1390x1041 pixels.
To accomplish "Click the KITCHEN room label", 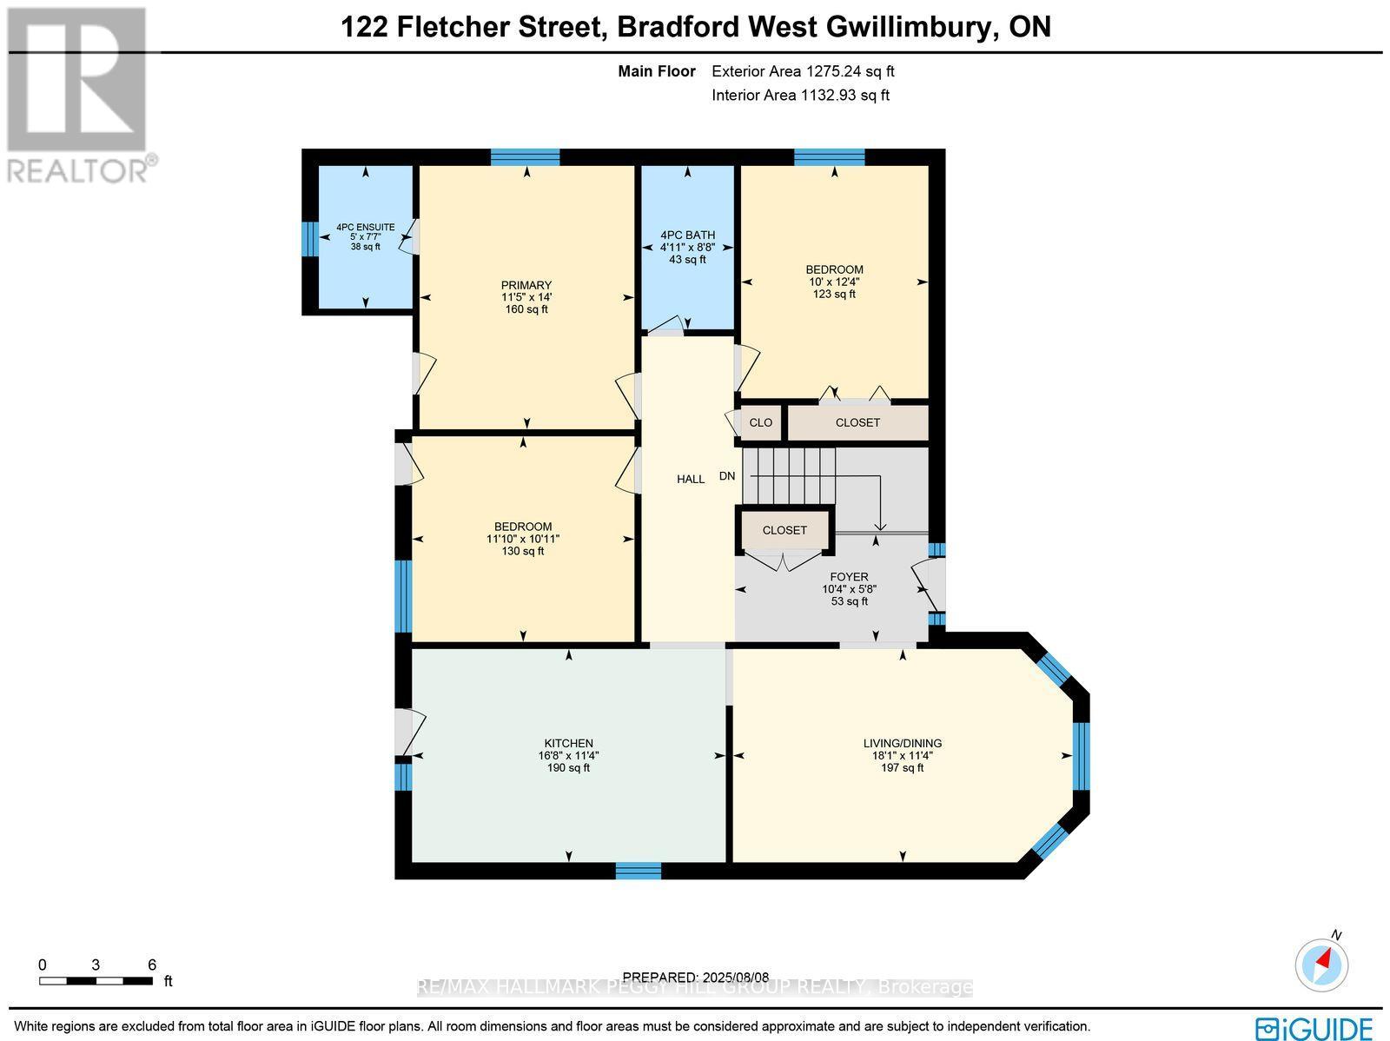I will pos(568,743).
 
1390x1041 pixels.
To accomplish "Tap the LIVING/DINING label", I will pos(902,743).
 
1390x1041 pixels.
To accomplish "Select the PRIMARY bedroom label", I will pos(526,285).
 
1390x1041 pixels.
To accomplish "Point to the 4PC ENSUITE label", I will pos(365,228).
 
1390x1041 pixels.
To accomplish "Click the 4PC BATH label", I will pos(687,235).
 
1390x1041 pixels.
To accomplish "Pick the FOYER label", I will pos(849,576).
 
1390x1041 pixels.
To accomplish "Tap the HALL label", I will pos(691,479).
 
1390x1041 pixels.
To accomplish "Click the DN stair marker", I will pos(727,476).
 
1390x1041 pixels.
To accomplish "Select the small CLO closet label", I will pos(760,422).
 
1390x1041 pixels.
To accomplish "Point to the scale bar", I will pos(96,981).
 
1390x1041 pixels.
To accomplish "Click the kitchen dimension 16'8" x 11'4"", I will pos(568,755).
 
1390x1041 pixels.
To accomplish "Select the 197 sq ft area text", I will pos(902,767).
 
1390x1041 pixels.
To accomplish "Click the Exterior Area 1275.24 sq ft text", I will pos(803,71).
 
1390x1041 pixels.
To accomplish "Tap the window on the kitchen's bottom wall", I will pos(639,870).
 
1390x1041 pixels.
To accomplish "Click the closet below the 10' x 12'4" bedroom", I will pos(857,422).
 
